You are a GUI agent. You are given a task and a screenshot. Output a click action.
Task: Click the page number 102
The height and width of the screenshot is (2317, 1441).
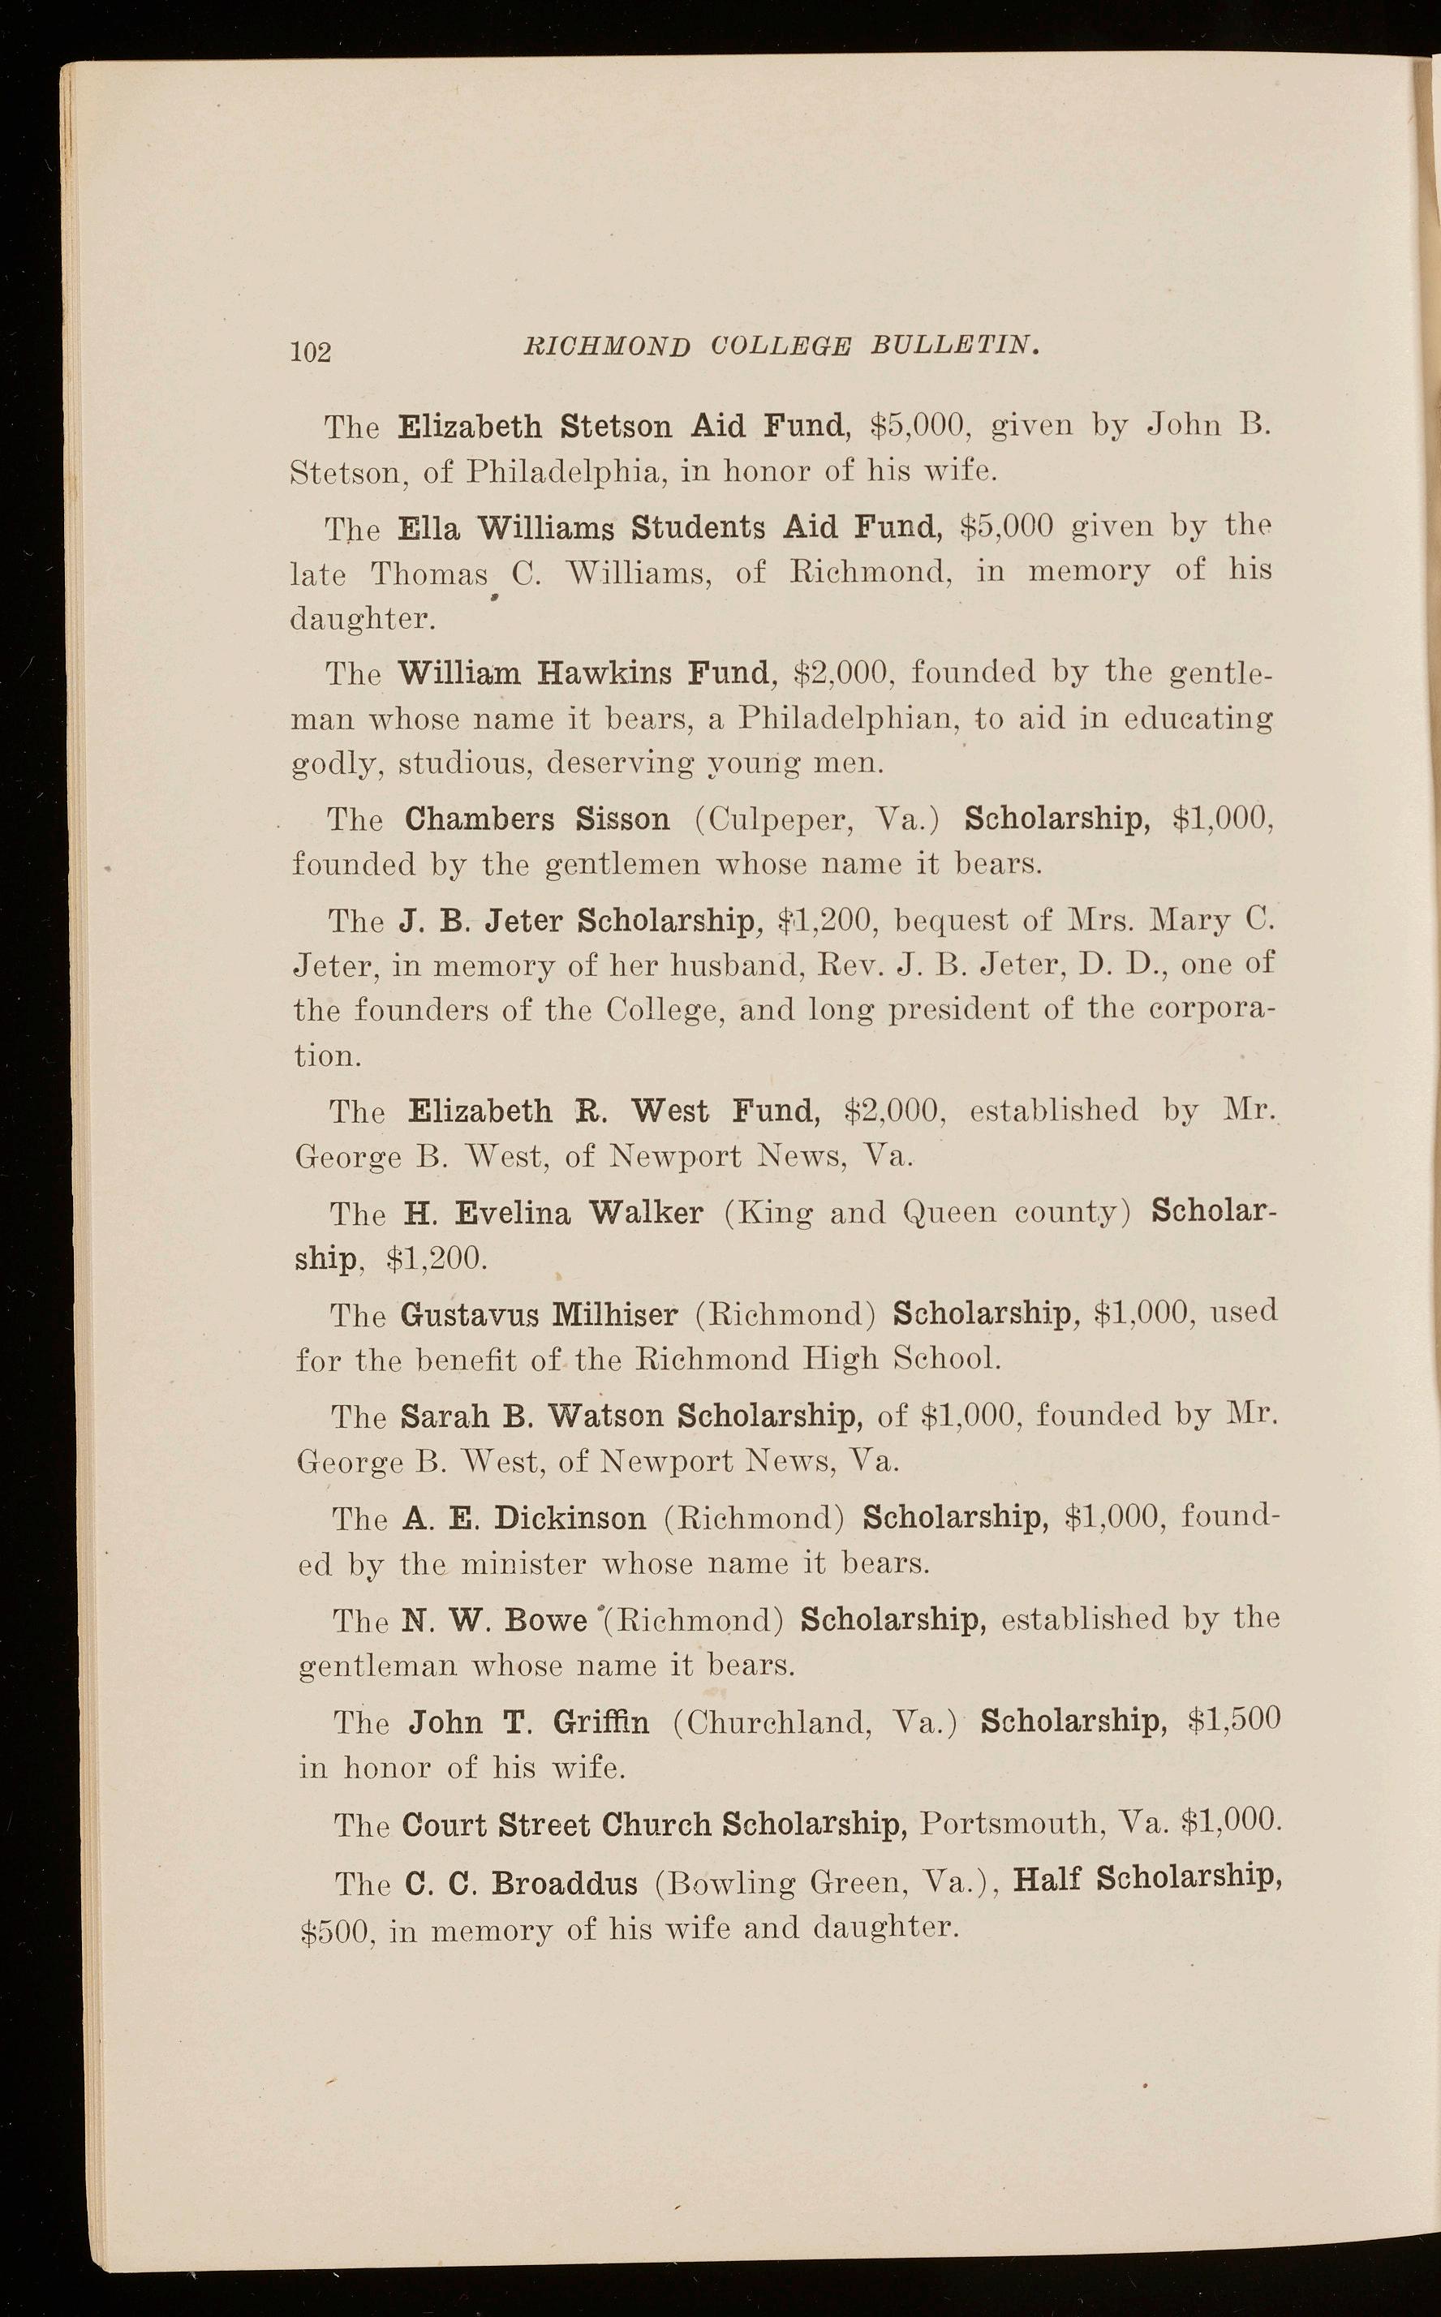point(311,351)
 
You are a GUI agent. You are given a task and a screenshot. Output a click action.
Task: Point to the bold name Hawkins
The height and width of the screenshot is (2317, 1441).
point(604,673)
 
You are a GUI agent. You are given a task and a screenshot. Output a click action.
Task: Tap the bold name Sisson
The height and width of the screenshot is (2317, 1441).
point(622,819)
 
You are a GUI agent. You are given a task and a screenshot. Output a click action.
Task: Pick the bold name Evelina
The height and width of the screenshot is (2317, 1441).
point(513,1214)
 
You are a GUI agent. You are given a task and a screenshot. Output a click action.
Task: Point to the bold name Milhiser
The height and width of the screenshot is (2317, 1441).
point(615,1316)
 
